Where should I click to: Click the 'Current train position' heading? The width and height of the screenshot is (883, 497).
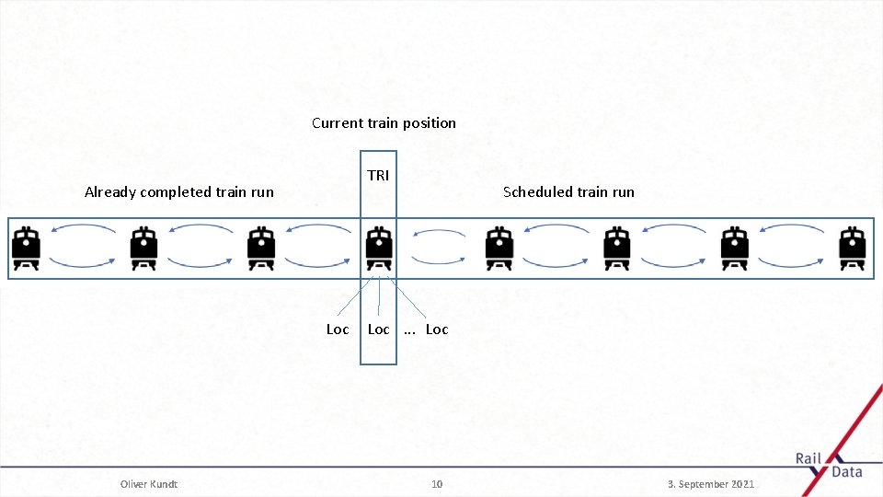[x=384, y=123]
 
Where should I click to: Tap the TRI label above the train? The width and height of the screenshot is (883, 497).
[x=378, y=175]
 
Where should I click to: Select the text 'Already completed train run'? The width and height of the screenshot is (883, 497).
[x=179, y=192]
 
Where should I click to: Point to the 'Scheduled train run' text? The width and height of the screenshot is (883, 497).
[x=568, y=192]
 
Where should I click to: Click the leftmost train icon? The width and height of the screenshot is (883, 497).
[x=26, y=248]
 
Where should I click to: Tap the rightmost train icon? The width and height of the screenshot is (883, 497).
[x=853, y=248]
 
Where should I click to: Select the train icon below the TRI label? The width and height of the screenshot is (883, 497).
[x=378, y=248]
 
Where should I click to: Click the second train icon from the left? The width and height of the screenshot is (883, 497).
[x=143, y=248]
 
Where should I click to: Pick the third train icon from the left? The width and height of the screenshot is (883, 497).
[x=262, y=248]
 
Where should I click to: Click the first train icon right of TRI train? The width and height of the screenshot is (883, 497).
[x=498, y=248]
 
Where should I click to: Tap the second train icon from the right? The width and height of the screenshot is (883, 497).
[x=734, y=248]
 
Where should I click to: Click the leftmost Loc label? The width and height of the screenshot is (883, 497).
[x=338, y=329]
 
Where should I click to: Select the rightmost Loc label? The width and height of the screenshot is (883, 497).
[x=437, y=329]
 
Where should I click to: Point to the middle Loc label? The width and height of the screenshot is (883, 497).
[x=378, y=329]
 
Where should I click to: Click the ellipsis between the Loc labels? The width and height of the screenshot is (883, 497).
[x=409, y=330]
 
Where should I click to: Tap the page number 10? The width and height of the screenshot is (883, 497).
[x=437, y=484]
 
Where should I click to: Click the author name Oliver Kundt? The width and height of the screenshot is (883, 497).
[x=149, y=484]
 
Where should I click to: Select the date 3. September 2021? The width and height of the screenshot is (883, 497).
[x=711, y=484]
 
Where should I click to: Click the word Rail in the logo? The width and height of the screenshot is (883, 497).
[x=808, y=459]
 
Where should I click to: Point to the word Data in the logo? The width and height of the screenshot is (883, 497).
[x=846, y=472]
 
